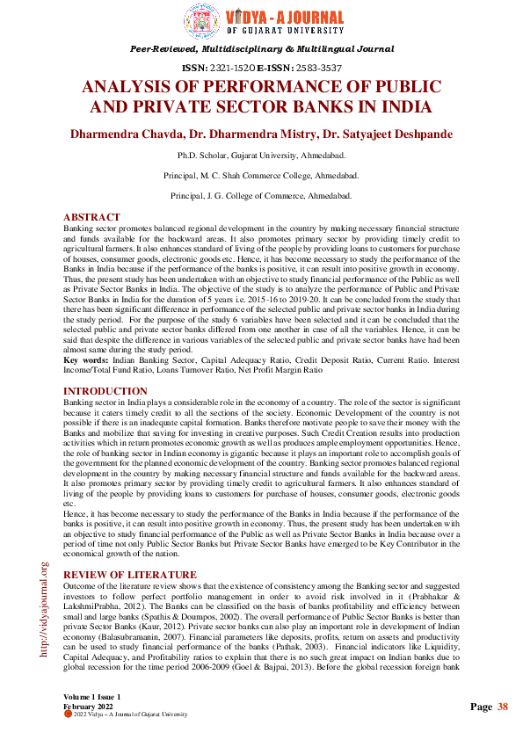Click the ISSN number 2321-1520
coord(230,68)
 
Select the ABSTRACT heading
coord(91,218)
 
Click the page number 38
coord(503,707)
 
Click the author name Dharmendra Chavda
coord(127,135)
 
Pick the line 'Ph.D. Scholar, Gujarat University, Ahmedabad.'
coord(261,156)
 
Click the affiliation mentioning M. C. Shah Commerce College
coord(261,176)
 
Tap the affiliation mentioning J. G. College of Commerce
coord(261,195)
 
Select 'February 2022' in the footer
coord(88,706)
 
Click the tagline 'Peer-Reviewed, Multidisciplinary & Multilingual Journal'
coord(261,50)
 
